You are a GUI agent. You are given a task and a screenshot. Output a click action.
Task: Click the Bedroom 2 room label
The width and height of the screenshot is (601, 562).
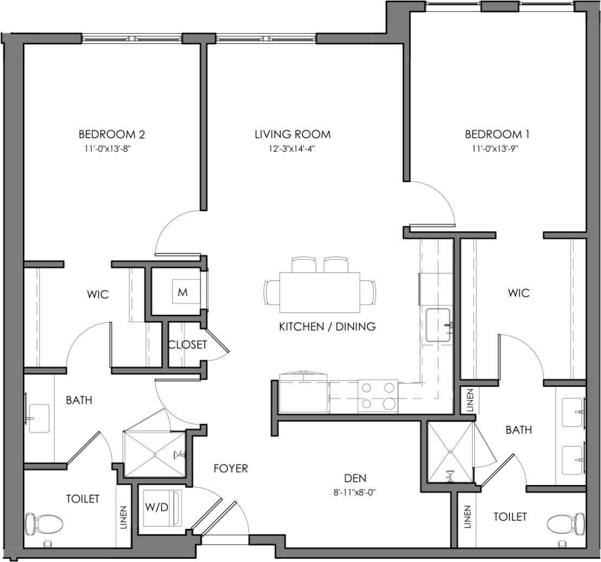112,134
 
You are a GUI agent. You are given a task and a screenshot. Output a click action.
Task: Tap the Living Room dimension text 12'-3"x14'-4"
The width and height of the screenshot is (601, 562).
293,148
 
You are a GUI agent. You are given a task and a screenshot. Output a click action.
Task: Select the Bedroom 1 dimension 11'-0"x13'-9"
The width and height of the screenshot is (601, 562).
497,148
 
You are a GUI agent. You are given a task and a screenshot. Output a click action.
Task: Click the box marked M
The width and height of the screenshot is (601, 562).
183,292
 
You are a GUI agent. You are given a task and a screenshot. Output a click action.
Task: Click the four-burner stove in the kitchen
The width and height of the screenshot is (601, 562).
378,395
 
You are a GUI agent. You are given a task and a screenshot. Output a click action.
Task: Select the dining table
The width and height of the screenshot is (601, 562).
320,292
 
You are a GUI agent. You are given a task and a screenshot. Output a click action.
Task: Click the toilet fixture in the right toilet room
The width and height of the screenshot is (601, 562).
562,524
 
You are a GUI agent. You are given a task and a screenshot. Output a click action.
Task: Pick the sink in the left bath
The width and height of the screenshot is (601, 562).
39,417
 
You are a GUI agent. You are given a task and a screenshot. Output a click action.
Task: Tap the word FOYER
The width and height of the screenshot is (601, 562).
230,468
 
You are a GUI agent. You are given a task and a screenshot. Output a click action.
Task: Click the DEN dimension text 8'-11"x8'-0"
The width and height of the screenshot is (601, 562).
355,493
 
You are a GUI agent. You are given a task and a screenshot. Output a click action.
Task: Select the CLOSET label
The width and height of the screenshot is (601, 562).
187,344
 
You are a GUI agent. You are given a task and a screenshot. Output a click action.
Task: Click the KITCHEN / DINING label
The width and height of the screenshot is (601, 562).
327,327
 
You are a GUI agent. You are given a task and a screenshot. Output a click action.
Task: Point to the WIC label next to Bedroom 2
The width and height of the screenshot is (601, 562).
98,295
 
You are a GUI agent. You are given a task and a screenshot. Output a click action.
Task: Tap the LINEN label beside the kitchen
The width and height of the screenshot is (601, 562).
469,401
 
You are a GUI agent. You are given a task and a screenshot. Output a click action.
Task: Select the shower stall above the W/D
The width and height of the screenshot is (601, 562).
154,455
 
